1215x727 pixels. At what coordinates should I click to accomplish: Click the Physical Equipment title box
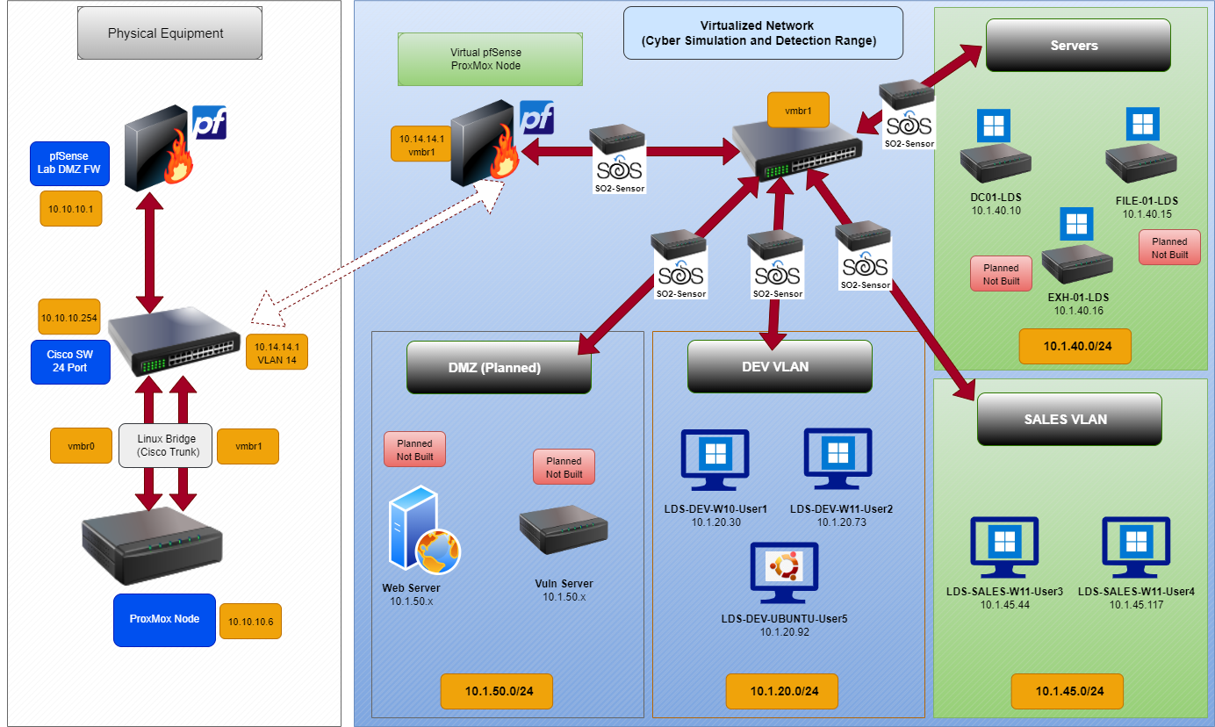(165, 33)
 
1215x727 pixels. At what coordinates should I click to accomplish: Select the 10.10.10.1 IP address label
(71, 208)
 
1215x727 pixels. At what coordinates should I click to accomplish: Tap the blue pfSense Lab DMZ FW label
(69, 163)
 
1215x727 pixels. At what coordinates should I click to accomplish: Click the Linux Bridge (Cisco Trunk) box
(165, 446)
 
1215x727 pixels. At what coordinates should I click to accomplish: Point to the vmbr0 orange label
(81, 446)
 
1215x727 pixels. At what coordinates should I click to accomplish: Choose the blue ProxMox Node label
(164, 619)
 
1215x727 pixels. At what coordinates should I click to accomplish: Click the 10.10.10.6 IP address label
(250, 622)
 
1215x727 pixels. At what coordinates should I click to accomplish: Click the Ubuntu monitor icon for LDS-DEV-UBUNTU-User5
(784, 571)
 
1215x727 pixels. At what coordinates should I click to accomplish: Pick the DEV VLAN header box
(780, 366)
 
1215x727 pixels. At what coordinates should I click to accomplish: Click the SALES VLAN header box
(1068, 419)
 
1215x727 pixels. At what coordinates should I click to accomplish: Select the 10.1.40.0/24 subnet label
(1075, 347)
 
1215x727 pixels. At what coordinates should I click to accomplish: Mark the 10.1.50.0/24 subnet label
(497, 691)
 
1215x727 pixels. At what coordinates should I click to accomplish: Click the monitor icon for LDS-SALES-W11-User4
(1136, 546)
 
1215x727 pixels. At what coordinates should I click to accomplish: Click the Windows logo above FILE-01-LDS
(1142, 124)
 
